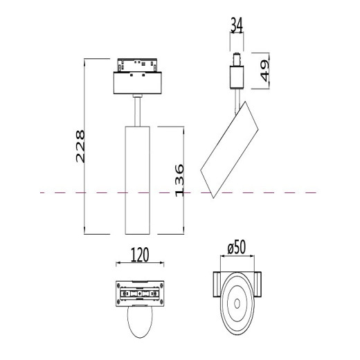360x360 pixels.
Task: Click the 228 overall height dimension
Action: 80,146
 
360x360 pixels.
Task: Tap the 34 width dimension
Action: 237,27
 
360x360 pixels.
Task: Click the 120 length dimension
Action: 140,255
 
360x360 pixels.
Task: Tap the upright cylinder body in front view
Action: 137,180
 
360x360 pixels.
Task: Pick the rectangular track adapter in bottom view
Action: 140,294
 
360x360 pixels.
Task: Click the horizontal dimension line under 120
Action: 140,264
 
